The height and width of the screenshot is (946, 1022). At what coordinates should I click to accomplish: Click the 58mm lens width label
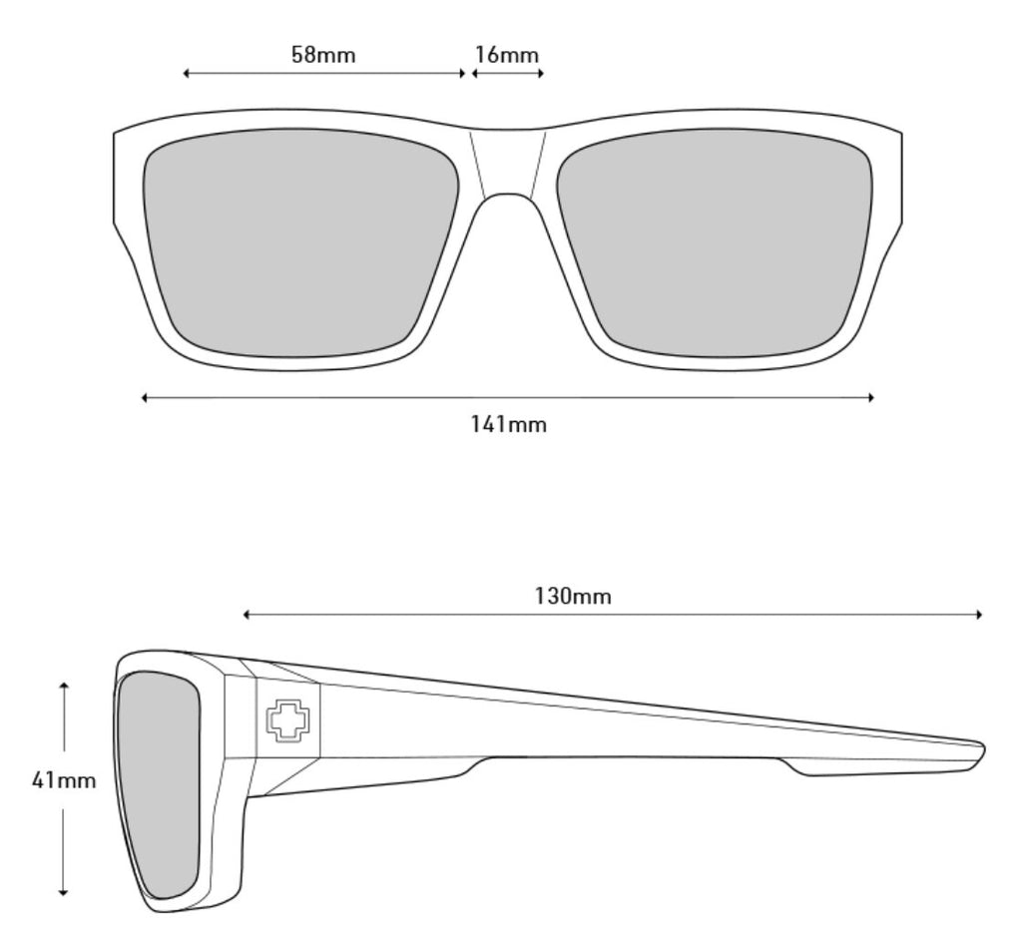click(x=323, y=54)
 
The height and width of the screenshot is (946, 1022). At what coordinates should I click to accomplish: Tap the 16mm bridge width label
click(x=506, y=54)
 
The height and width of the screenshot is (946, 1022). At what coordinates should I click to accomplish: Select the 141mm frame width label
click(x=509, y=424)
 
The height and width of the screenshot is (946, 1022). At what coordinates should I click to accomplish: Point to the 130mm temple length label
click(x=573, y=597)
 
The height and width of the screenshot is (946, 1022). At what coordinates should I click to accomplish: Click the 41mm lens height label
click(x=64, y=780)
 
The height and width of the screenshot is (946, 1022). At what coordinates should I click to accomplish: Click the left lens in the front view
click(x=301, y=241)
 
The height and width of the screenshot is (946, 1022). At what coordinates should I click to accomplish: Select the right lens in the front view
click(x=715, y=241)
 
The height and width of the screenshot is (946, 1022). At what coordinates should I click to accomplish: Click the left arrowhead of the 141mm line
click(x=146, y=397)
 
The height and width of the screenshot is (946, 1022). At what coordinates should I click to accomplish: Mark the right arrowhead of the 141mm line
click(x=871, y=397)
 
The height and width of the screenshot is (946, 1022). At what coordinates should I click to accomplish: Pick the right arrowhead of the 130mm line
click(x=979, y=615)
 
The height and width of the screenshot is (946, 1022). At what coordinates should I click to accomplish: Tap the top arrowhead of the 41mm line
click(x=64, y=686)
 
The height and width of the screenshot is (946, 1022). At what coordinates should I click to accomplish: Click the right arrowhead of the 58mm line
click(x=462, y=73)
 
